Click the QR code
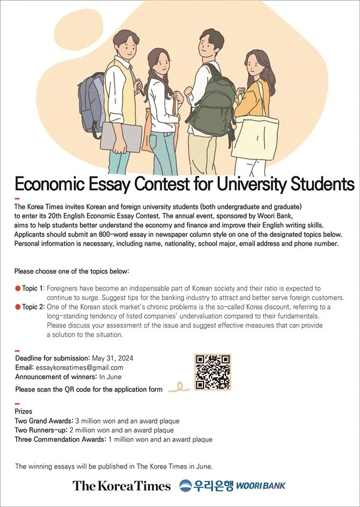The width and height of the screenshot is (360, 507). point(213,372)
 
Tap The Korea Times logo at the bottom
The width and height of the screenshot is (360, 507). point(122,485)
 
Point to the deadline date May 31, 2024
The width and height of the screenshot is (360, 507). point(112,358)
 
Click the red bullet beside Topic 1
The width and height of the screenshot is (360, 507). point(18,289)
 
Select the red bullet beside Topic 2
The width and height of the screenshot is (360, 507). point(18,307)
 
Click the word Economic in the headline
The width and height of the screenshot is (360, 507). point(50,182)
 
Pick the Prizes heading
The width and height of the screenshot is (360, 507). point(23,412)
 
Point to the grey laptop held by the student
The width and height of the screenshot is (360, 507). point(121,136)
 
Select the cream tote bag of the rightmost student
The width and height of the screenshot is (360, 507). point(255,135)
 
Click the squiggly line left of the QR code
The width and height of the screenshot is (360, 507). point(179,388)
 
